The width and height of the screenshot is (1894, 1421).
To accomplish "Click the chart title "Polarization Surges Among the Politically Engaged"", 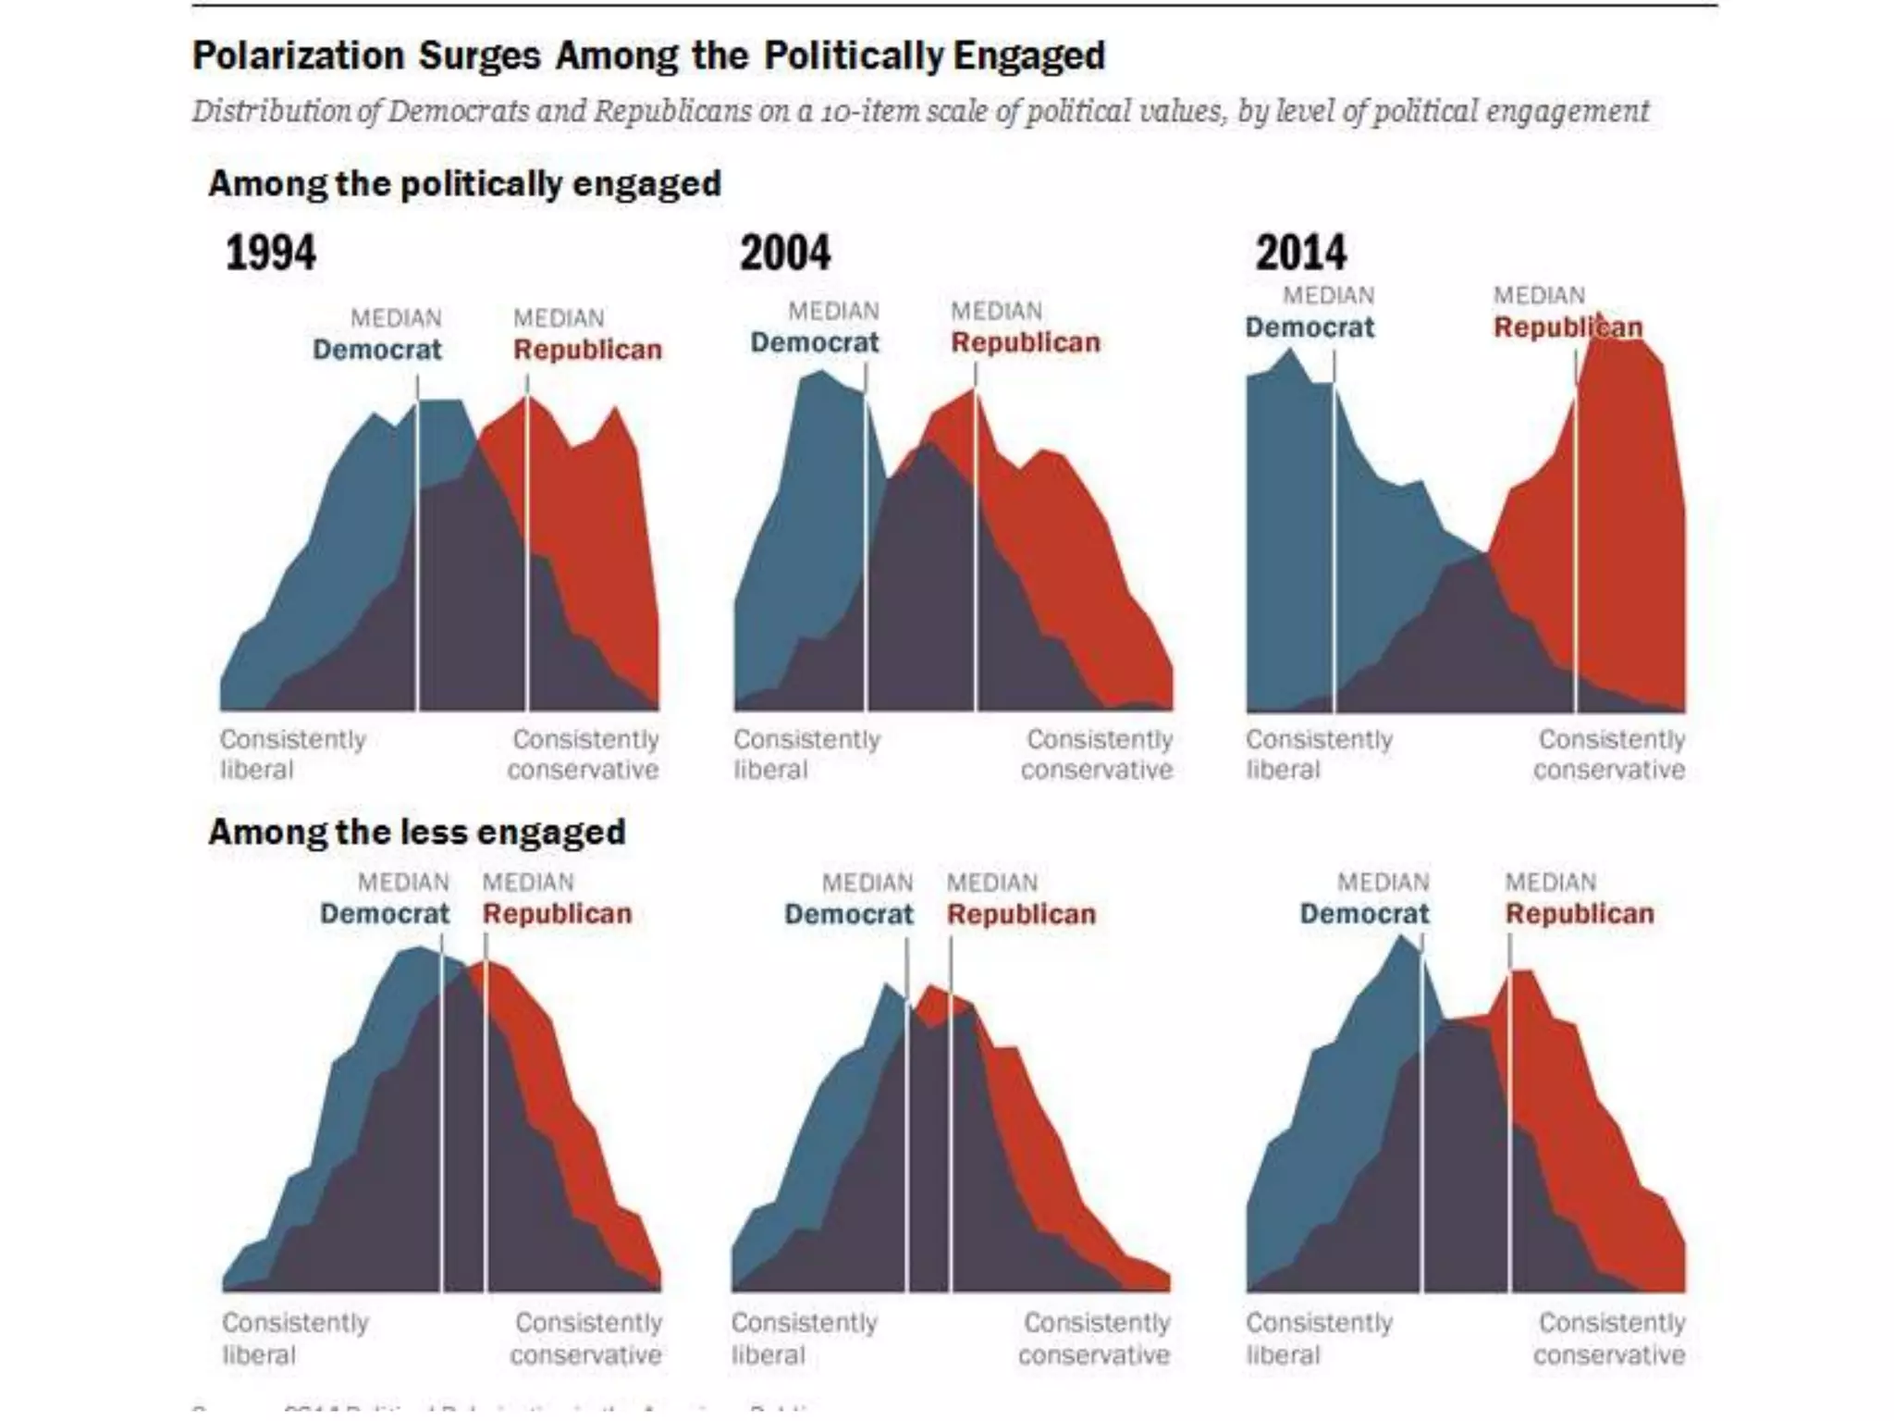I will click(x=648, y=56).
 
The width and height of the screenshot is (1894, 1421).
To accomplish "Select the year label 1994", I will click(x=270, y=253).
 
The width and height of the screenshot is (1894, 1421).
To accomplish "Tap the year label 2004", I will click(x=785, y=253).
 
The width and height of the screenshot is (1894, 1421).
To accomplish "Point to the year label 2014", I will click(x=1300, y=253).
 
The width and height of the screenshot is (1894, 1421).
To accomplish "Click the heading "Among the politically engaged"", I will click(x=464, y=183).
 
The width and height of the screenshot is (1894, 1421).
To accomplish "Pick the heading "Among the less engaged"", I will click(x=417, y=832).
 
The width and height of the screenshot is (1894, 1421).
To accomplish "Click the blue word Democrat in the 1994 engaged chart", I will click(x=377, y=350).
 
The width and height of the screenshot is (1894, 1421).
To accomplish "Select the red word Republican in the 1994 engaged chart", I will click(x=588, y=350).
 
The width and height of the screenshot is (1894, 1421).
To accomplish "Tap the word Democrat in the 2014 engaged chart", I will click(x=1310, y=327).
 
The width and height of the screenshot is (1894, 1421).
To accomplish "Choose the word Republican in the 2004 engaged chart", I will click(x=1026, y=342).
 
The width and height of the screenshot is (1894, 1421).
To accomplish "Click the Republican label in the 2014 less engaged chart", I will click(x=1580, y=914).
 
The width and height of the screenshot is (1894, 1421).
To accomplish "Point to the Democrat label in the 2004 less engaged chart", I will click(x=849, y=914).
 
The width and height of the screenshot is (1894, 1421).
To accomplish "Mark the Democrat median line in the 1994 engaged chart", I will click(x=417, y=555).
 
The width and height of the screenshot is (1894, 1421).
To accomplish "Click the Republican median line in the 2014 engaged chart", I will click(x=1576, y=555).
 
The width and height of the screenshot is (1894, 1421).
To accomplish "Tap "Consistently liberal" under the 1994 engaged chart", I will click(x=292, y=755).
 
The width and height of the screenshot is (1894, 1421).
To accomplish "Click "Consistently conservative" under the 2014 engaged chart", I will click(x=1610, y=755).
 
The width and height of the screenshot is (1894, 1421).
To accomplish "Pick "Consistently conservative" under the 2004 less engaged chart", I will click(x=1096, y=1339).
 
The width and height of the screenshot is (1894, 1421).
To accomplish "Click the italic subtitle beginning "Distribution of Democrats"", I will click(x=920, y=111).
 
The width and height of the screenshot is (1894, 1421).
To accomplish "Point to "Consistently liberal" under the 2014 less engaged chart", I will click(x=1319, y=1339).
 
